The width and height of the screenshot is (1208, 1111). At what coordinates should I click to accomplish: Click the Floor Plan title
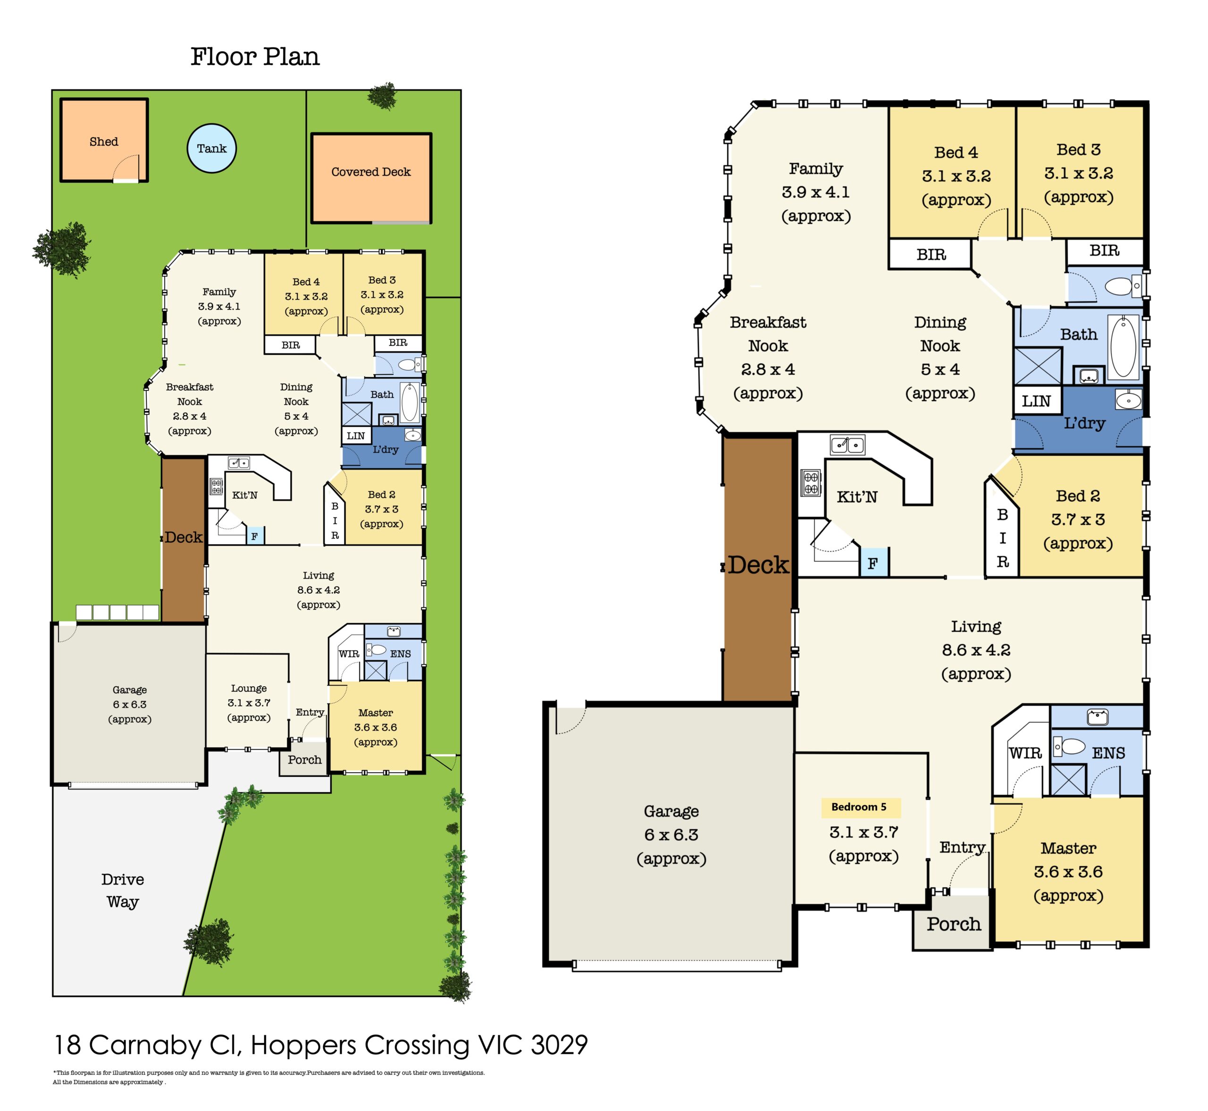pyautogui.click(x=255, y=57)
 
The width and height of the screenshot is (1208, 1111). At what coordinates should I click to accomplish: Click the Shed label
pyautogui.click(x=104, y=142)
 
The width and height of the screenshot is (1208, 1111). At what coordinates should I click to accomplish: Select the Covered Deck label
pyautogui.click(x=371, y=172)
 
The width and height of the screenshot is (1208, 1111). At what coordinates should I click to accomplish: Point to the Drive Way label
pyautogui.click(x=123, y=891)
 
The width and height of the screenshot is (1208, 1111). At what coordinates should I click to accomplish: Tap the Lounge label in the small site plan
pyautogui.click(x=249, y=689)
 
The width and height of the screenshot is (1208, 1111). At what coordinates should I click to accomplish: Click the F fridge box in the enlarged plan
pyautogui.click(x=873, y=563)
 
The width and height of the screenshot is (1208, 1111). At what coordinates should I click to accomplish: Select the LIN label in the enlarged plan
pyautogui.click(x=1037, y=401)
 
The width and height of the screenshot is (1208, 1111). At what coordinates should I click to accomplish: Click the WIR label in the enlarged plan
pyautogui.click(x=1025, y=753)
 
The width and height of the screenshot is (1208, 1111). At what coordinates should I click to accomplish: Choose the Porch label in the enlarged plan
pyautogui.click(x=954, y=924)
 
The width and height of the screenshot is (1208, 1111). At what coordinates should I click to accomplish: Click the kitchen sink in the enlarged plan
pyautogui.click(x=847, y=445)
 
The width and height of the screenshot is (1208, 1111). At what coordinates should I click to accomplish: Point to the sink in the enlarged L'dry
pyautogui.click(x=1129, y=399)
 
